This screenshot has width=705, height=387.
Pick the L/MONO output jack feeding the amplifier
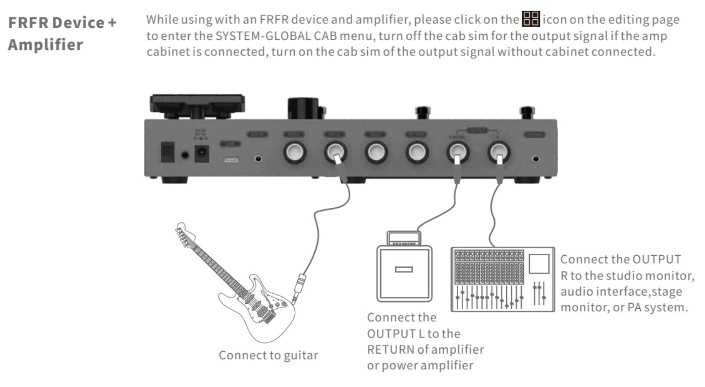point(457,152)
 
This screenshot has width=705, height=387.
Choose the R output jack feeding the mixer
point(499,152)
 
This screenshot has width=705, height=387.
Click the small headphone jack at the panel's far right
point(535,159)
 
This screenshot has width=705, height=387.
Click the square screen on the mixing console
point(539,264)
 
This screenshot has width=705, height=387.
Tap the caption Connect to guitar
point(268,355)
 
